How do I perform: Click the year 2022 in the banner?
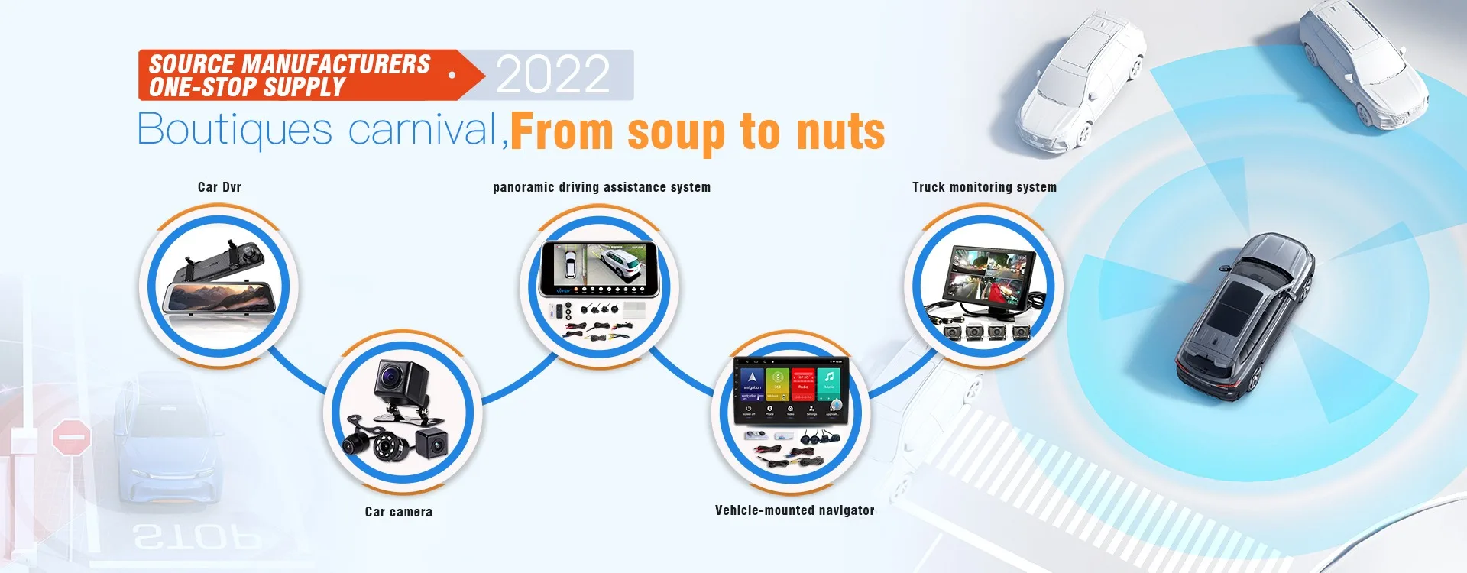point(553,75)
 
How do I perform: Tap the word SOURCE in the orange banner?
point(192,64)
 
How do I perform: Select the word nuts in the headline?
point(840,132)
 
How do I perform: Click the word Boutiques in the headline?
point(235,129)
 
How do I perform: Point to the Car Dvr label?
point(219,187)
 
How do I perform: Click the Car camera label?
point(398,512)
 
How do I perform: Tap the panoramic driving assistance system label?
point(601,187)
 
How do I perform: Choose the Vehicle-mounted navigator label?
point(795,510)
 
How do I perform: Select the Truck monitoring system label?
point(984,187)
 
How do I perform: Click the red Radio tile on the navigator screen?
point(803,380)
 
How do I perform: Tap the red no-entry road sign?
point(71,439)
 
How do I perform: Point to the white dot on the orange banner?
point(452,75)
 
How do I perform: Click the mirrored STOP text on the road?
point(197,538)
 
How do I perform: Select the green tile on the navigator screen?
point(777,380)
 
